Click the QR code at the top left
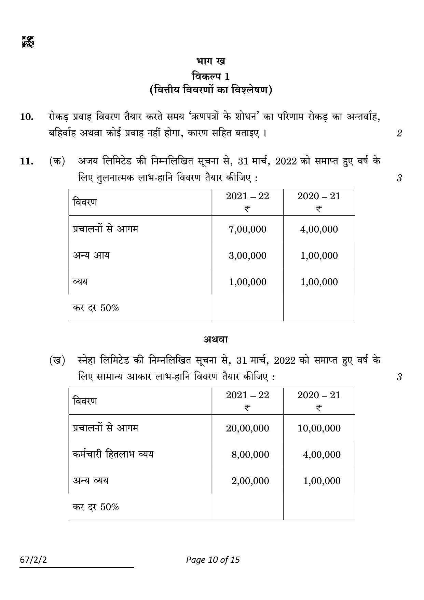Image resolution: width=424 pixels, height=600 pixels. coord(28,42)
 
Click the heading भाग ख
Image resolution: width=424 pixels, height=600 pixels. coord(210,62)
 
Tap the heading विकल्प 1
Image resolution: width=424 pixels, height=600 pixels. coord(210,76)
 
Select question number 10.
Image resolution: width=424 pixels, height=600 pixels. coord(27,117)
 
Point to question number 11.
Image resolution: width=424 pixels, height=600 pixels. coord(27,161)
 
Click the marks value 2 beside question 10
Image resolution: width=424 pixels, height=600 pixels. coord(399,133)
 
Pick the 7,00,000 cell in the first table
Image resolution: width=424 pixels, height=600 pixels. coord(247,229)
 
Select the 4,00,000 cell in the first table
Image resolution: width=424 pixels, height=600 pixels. coord(319,229)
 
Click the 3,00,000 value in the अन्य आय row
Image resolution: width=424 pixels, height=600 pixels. coord(247,256)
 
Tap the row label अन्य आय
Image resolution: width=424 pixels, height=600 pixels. coord(91,255)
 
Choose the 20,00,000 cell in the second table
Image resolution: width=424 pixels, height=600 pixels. coord(247,428)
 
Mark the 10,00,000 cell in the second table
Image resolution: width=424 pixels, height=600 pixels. coord(319,428)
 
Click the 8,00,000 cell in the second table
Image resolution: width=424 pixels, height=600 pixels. coord(250,454)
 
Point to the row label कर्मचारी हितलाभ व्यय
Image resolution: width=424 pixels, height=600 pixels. coord(113,454)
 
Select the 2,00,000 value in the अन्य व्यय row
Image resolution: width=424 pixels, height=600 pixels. coord(250,481)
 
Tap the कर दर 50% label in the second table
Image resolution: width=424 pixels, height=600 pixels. coord(96,507)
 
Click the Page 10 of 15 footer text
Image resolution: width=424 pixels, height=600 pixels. coord(213,560)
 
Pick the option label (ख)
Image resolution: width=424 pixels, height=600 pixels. coord(57,360)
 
